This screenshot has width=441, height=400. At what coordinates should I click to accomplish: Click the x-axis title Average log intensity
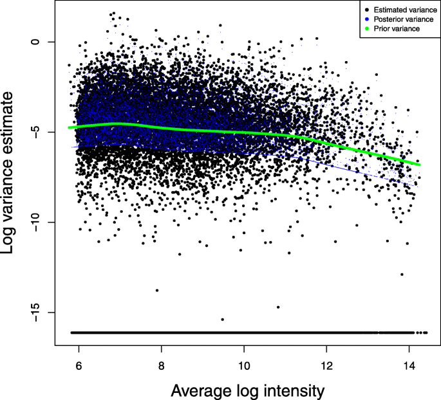pyautogui.click(x=247, y=390)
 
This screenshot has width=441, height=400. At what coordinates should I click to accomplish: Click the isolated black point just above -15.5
pyautogui.click(x=222, y=319)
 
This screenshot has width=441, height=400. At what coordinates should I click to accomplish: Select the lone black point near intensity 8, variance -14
pyautogui.click(x=156, y=290)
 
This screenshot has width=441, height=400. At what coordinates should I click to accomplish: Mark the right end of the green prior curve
pyautogui.click(x=420, y=165)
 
